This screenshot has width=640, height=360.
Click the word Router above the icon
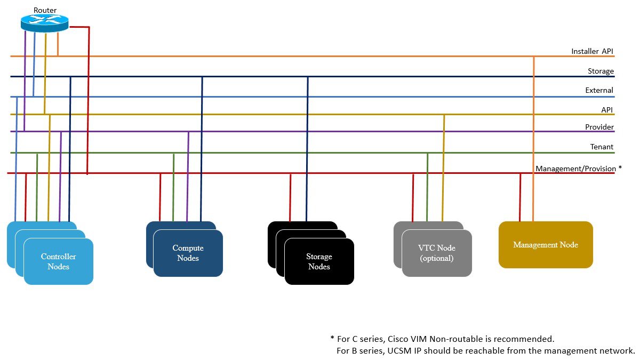(x=45, y=10)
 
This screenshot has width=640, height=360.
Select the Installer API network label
(x=592, y=51)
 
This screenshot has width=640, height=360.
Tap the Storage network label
(x=601, y=71)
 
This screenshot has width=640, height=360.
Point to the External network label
(x=599, y=90)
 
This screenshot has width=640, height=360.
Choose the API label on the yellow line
(x=607, y=109)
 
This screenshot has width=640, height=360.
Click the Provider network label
(x=599, y=127)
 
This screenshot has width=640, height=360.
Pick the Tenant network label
(x=602, y=147)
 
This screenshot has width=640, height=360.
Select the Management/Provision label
(x=575, y=169)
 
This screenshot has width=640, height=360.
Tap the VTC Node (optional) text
(x=436, y=253)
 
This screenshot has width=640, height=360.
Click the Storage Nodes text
(x=319, y=262)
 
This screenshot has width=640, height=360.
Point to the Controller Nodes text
(x=58, y=261)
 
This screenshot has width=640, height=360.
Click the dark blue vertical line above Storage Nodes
(x=307, y=149)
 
